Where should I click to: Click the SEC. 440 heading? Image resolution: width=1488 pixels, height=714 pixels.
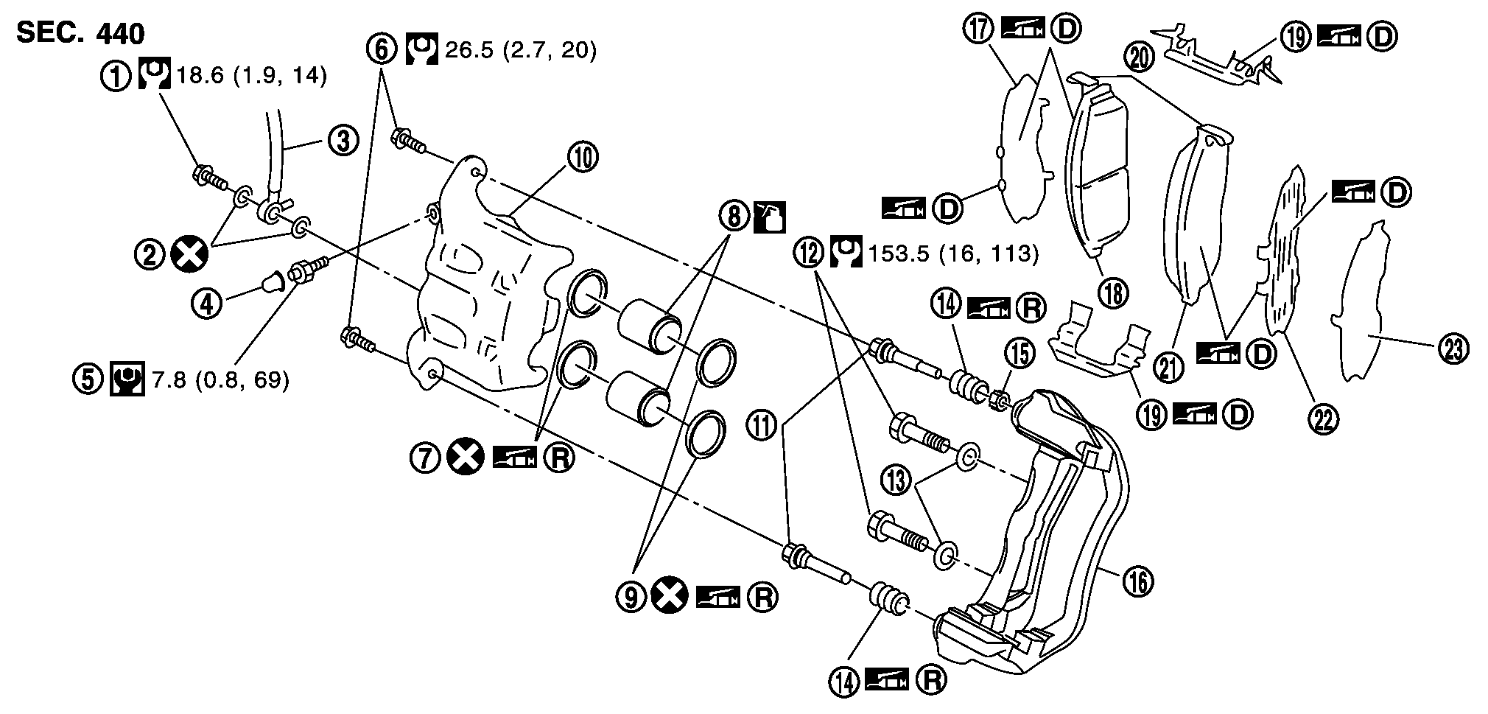[x=80, y=33]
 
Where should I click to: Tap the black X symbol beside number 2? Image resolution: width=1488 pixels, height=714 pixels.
[x=189, y=255]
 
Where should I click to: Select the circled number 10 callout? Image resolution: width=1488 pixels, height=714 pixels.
[x=583, y=157]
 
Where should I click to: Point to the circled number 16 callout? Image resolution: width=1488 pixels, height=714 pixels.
[x=1138, y=581]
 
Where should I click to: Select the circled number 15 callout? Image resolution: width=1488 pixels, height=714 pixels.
[x=1022, y=355]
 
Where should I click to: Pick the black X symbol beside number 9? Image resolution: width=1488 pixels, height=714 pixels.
[x=669, y=597]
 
